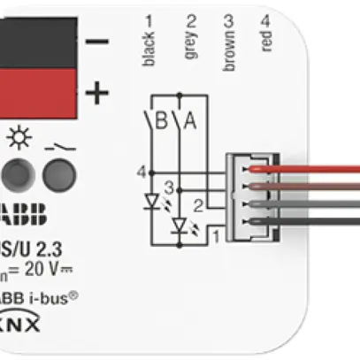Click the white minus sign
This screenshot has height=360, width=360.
point(97,42)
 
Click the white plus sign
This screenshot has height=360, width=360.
point(97,91)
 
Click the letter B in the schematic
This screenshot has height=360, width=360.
point(161,121)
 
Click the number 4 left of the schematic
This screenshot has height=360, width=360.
point(141,171)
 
